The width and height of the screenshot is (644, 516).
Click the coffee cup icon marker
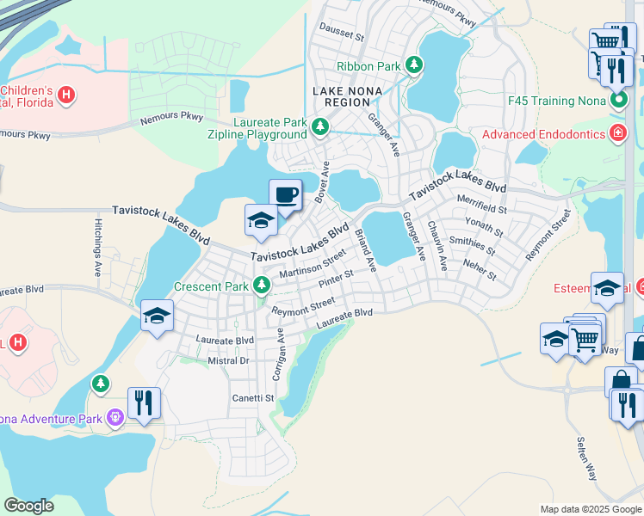point(286,193)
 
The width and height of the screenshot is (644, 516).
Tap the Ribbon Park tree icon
point(414,64)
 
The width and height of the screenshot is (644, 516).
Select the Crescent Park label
point(212,286)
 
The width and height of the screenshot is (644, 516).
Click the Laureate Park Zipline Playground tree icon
point(320,127)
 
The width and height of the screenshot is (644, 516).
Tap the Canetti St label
point(252,398)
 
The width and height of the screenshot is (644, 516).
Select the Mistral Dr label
point(228,361)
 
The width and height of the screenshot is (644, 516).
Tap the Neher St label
point(480,270)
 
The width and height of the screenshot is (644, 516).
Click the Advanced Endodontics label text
point(544,134)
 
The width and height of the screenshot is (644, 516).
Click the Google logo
point(28,506)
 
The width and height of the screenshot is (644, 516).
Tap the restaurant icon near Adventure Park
point(144,402)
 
